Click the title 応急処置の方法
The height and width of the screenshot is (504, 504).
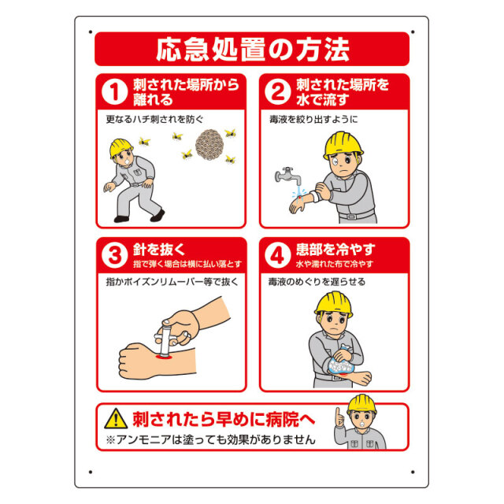[x=252, y=49]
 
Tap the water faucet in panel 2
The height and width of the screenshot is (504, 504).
[x=284, y=176]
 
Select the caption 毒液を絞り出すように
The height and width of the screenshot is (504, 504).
[x=313, y=120]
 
